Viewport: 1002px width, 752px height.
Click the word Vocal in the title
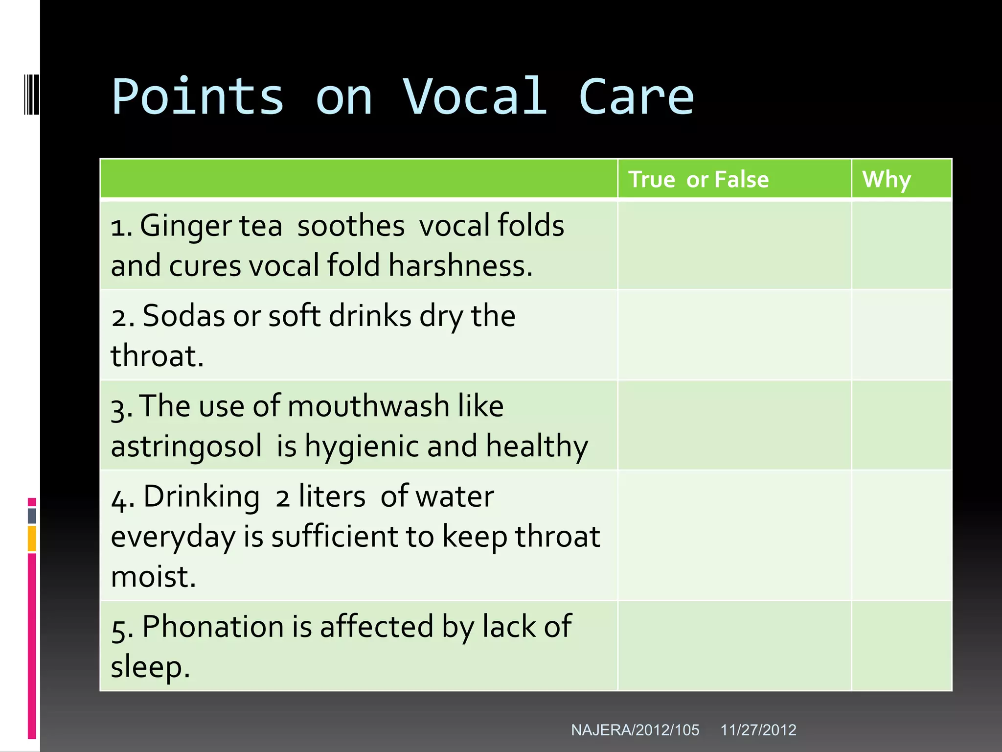click(x=475, y=97)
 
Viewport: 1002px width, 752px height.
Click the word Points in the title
click(x=198, y=97)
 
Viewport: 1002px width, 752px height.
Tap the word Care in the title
click(x=636, y=97)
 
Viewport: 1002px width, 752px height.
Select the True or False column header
click(x=698, y=179)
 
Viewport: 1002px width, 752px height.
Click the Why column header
click(x=886, y=179)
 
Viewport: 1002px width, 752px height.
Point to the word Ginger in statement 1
click(x=186, y=226)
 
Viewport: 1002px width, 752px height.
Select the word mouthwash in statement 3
click(x=368, y=406)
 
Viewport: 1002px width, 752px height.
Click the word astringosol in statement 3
click(x=186, y=446)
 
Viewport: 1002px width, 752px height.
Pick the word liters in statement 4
click(x=332, y=496)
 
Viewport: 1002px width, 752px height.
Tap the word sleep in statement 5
click(x=150, y=667)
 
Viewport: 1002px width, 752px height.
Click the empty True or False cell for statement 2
click(x=734, y=335)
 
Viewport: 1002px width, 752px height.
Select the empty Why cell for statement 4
click(x=901, y=535)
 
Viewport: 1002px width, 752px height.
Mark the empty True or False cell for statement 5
click(x=734, y=646)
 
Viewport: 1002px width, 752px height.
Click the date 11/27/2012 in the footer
click(x=758, y=730)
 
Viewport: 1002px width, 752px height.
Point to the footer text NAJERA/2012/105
click(x=635, y=730)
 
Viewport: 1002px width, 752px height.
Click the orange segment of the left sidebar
click(x=32, y=539)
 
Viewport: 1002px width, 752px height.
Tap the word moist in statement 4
click(x=153, y=577)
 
